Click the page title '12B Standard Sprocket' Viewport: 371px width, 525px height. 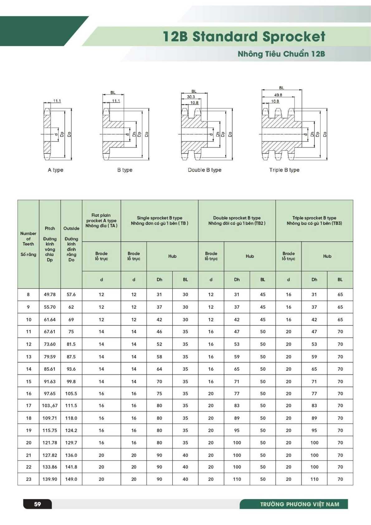tap(244, 37)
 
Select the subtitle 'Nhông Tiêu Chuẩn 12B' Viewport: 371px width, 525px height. tap(281, 54)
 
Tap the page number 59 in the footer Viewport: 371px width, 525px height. tap(37, 504)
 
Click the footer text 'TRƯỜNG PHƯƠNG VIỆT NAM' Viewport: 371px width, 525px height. tap(300, 504)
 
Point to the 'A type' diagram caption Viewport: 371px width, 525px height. tap(55, 170)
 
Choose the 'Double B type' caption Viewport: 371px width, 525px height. tap(205, 170)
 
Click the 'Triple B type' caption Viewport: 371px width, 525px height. tap(284, 170)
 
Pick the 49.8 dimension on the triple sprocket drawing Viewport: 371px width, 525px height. tap(278, 95)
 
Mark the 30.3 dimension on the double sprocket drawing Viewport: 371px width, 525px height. tap(191, 97)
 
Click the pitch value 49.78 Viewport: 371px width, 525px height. tap(50, 294)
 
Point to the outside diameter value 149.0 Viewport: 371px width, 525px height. tap(71, 479)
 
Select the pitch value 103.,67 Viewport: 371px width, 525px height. tap(50, 406)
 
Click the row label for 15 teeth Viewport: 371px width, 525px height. tap(29, 381)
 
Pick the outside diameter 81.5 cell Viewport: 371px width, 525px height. tap(71, 344)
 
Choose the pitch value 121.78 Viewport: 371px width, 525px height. tap(50, 443)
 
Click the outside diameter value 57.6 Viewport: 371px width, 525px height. tap(71, 294)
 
